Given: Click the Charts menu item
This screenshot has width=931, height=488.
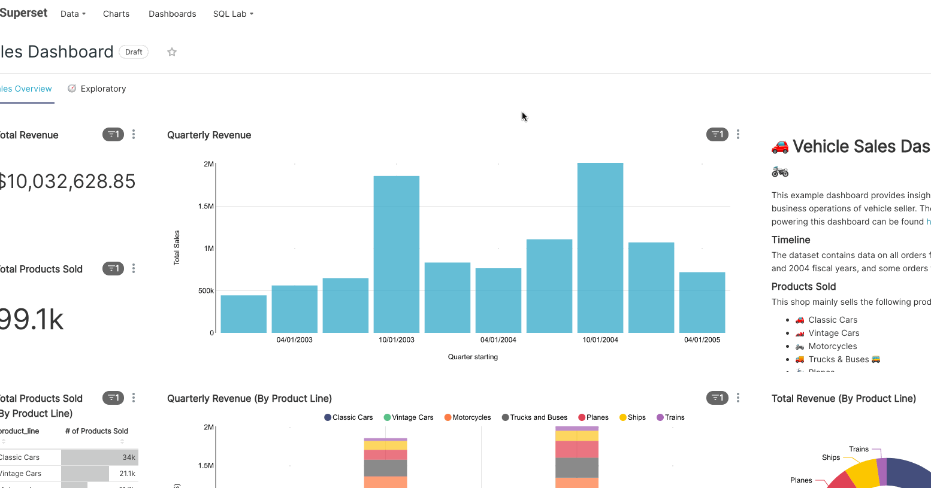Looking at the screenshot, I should point(116,14).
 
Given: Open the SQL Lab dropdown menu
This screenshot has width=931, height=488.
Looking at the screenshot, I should point(233,14).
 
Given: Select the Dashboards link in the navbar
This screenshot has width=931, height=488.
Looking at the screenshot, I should point(173,14).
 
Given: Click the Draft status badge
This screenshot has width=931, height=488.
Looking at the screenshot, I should point(134,52).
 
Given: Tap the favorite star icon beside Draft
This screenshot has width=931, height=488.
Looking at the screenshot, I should point(172,52).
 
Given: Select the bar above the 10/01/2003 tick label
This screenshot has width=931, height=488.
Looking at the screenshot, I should point(397,254).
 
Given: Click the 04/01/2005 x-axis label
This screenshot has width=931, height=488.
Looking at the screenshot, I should point(702,340).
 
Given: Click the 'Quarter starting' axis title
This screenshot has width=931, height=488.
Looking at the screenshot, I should point(473,357).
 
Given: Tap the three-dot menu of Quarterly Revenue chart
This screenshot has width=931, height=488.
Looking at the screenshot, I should point(737,135).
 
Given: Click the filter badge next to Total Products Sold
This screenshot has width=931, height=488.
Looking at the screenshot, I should point(113,269).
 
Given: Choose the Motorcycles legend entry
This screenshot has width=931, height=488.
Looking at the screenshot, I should point(467,417).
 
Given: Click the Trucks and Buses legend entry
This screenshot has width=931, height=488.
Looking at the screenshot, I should point(534,417).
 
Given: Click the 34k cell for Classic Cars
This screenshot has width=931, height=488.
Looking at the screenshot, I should point(128,457).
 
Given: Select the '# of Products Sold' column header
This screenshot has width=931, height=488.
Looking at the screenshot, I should point(96,431).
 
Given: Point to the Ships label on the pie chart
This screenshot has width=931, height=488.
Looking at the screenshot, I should point(830,457).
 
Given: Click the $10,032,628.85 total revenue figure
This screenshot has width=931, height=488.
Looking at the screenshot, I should point(67,181).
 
